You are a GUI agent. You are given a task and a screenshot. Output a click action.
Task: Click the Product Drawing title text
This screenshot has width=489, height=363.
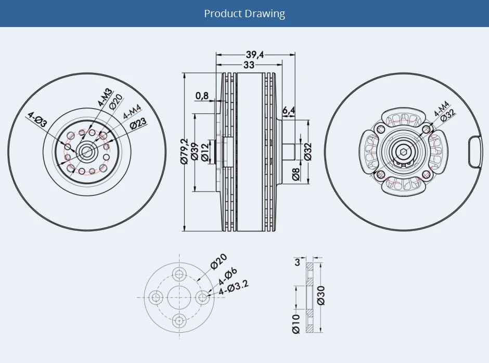[244, 14]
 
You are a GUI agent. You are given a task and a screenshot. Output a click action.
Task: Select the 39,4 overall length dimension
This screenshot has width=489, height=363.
[254, 55]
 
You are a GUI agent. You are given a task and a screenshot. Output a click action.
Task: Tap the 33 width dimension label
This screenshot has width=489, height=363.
[249, 65]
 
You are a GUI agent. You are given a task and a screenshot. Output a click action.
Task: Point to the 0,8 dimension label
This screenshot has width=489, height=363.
[202, 96]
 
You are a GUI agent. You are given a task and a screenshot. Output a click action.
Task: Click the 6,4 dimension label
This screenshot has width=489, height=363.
[289, 110]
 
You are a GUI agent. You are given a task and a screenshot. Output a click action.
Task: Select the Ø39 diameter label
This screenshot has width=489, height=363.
[194, 151]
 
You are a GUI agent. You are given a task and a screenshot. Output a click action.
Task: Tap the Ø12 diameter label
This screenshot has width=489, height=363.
[204, 151]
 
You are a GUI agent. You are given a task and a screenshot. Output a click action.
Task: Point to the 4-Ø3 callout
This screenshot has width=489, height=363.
[38, 121]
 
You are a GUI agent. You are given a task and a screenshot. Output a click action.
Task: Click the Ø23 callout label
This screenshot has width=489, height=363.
[138, 123]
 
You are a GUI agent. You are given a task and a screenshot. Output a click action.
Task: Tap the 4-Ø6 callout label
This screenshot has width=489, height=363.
[227, 276]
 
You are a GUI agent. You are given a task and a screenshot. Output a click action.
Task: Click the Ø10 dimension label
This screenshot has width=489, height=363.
[296, 323]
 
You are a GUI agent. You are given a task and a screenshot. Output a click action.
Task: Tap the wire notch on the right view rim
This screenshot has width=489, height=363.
[475, 151]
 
